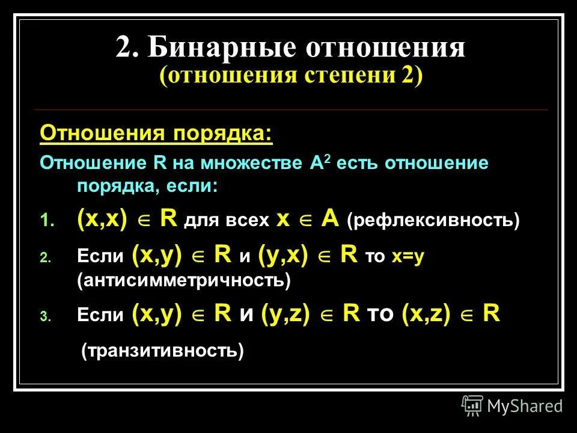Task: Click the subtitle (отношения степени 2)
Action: [291, 76]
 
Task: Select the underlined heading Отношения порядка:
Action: [156, 133]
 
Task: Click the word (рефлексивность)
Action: [433, 221]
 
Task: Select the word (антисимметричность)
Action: [184, 280]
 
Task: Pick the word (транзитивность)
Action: [163, 350]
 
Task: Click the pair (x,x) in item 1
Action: [102, 220]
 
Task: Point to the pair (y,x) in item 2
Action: [283, 255]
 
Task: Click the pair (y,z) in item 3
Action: [285, 315]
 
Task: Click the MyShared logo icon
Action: [472, 406]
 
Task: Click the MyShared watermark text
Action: [525, 407]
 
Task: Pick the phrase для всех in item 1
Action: [227, 221]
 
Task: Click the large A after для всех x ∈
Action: [329, 220]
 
